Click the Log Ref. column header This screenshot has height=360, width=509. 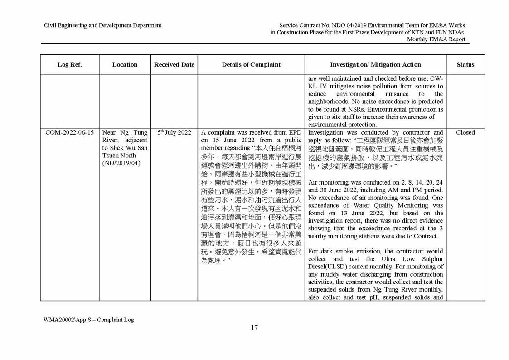[69, 65]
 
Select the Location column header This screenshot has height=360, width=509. [125, 65]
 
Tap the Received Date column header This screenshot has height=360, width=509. [174, 65]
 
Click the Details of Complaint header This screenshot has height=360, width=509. [251, 65]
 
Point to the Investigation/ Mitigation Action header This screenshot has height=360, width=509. [375, 65]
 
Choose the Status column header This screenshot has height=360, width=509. [465, 65]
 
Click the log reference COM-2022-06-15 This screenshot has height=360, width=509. [70, 133]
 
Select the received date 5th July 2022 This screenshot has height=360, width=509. [175, 133]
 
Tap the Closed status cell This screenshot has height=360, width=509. [465, 133]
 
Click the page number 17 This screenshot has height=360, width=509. [254, 328]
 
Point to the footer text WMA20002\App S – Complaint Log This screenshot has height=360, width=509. [88, 320]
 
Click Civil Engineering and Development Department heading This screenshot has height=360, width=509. [102, 25]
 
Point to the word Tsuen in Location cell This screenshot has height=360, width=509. [111, 156]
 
